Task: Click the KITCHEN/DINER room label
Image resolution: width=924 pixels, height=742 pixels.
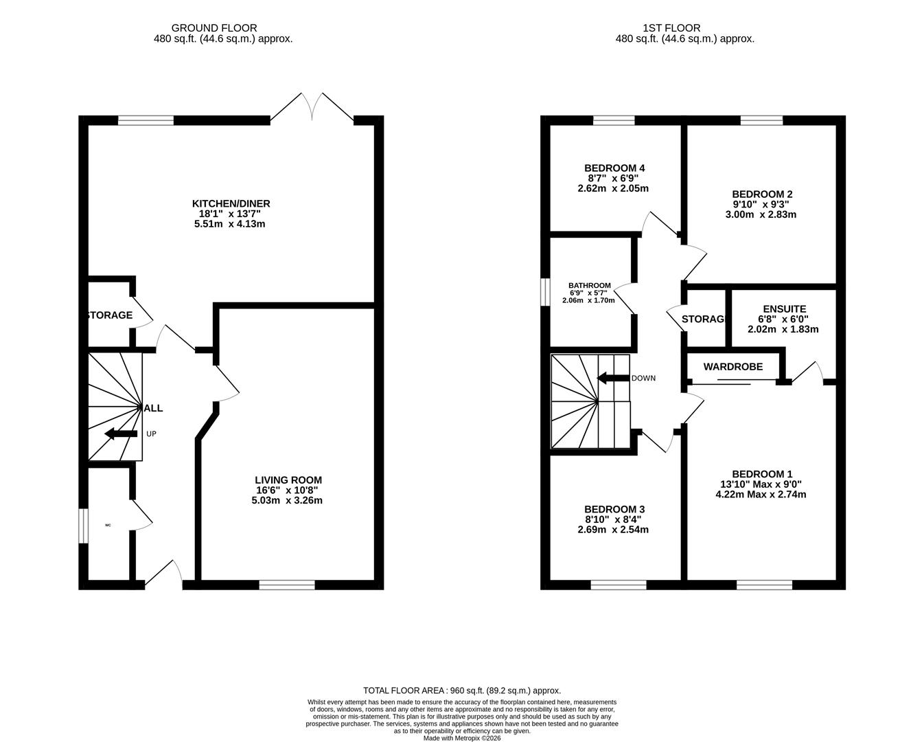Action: [x=231, y=203]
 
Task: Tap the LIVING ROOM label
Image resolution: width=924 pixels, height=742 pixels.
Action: [x=288, y=480]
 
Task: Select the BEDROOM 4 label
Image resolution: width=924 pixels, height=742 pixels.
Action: [x=614, y=168]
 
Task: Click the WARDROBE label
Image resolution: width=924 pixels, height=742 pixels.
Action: [x=732, y=367]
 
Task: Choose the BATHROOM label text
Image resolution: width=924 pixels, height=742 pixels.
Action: [x=589, y=286]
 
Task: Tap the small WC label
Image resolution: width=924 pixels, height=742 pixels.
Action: [x=108, y=526]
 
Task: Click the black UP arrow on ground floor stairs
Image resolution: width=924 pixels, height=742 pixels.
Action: [x=120, y=434]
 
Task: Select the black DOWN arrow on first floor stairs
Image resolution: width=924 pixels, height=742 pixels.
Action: [x=613, y=378]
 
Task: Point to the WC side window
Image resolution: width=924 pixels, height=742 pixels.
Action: [x=82, y=526]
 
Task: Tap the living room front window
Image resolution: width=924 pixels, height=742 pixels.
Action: [x=287, y=585]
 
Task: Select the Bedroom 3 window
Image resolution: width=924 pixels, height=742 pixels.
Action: [x=618, y=585]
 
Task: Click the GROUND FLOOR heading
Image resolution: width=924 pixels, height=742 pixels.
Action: [x=214, y=28]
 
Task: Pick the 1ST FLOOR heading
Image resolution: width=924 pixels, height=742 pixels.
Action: [x=671, y=28]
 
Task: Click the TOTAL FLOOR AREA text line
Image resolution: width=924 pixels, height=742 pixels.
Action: [x=461, y=690]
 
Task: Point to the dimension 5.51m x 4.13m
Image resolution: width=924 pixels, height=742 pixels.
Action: [x=230, y=224]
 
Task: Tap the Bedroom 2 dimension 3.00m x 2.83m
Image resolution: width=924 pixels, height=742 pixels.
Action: [x=761, y=214]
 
